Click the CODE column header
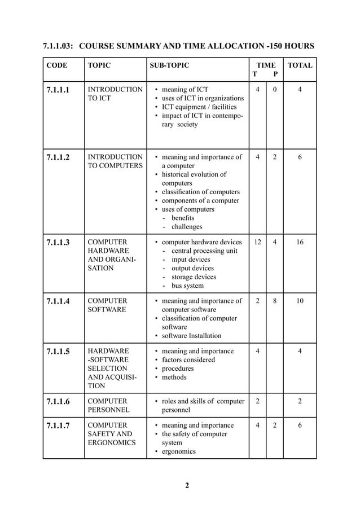coord(56,65)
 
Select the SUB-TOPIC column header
coord(169,65)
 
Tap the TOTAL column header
coord(300,65)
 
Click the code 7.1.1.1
coord(59,90)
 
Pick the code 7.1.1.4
coord(59,301)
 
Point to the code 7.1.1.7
coord(59,425)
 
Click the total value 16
coord(300,242)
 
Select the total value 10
coord(300,301)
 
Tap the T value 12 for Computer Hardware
coord(257,242)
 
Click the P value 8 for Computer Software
coord(275,301)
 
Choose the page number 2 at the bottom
coord(187,486)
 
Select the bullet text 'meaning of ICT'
coord(185,89)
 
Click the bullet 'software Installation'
coord(191,336)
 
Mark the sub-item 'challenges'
coord(187,227)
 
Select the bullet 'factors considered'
coord(188,360)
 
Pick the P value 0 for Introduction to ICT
coord(275,89)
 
